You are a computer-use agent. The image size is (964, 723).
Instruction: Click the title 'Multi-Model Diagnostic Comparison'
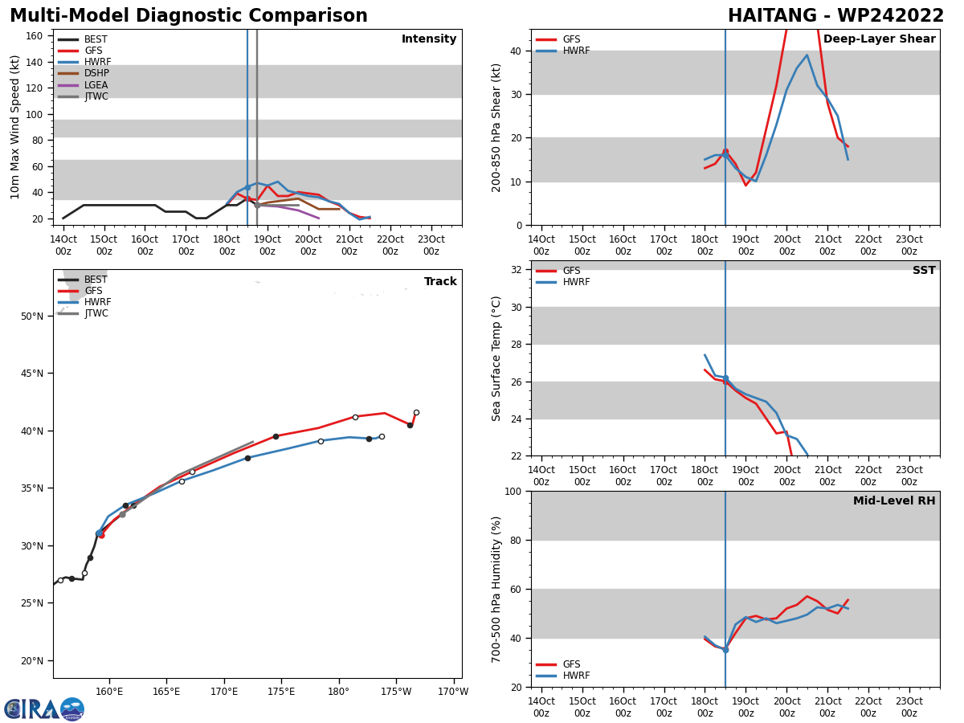(x=189, y=16)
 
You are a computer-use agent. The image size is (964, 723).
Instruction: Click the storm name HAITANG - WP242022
(x=835, y=16)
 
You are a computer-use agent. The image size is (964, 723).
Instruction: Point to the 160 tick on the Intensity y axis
(x=36, y=36)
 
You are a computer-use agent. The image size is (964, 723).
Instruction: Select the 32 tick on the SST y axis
(x=518, y=270)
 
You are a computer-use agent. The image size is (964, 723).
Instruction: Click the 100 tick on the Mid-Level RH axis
(x=514, y=491)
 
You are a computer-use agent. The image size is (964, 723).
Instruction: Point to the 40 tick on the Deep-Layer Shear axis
(x=518, y=51)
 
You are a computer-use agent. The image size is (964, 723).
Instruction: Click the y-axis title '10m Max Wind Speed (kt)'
(x=15, y=127)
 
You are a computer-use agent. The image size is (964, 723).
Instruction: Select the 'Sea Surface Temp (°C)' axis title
(x=496, y=358)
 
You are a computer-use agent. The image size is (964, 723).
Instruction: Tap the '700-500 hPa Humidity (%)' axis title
(x=496, y=589)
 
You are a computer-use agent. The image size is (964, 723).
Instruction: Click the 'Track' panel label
(x=440, y=282)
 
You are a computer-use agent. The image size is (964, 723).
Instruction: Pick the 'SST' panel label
(x=924, y=271)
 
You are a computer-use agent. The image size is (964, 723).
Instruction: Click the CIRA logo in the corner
(x=44, y=709)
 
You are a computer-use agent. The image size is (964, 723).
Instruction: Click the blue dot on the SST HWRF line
(x=725, y=378)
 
